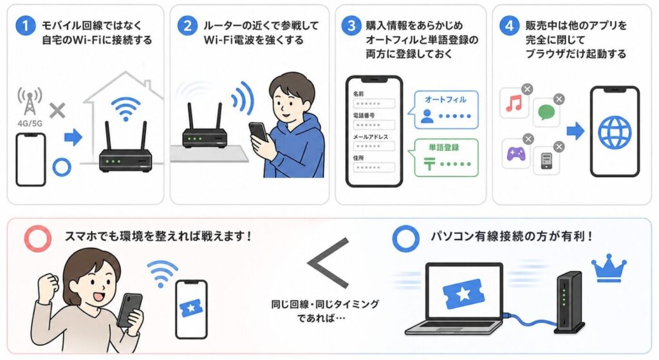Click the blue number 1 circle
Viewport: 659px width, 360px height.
[x=24, y=28]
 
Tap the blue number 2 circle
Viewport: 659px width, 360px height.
[x=187, y=28]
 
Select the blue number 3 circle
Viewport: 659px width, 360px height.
[x=351, y=28]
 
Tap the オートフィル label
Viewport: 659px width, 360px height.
[x=445, y=100]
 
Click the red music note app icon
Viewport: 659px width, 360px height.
[x=514, y=103]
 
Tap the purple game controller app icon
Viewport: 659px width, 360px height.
[x=515, y=154]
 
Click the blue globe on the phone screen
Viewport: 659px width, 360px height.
[x=615, y=133]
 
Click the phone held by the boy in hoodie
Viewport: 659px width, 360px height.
[x=257, y=131]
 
